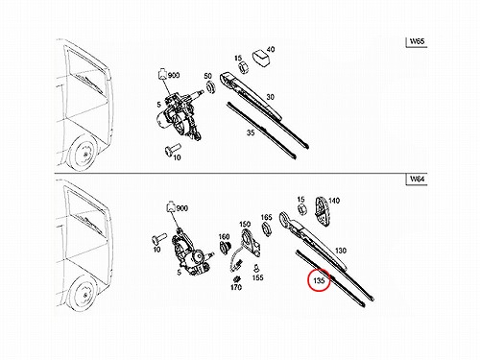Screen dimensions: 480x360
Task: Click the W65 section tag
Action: (x=417, y=42)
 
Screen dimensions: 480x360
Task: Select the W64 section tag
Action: (x=417, y=179)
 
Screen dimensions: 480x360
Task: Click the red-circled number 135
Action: (x=319, y=280)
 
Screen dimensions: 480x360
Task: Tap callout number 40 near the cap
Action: (x=271, y=50)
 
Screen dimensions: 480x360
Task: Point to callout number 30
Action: (x=271, y=97)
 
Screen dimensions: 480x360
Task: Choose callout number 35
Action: (x=251, y=132)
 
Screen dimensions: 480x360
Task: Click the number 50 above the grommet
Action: (x=208, y=76)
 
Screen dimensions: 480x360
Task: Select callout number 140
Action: (x=334, y=201)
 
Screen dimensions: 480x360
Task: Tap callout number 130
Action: (x=341, y=251)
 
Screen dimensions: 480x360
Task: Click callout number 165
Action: (x=266, y=217)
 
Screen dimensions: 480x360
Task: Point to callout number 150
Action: (x=245, y=224)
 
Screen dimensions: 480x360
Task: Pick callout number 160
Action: (x=224, y=236)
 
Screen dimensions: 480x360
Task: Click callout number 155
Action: (x=257, y=277)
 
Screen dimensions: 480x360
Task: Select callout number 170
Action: (x=236, y=287)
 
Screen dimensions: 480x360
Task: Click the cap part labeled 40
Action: (x=261, y=59)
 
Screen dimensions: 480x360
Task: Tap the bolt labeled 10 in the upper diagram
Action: (x=172, y=149)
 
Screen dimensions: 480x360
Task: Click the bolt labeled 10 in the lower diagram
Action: (x=158, y=238)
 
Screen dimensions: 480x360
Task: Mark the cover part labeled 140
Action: (x=322, y=211)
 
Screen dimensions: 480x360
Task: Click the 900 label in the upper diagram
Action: (x=174, y=76)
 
